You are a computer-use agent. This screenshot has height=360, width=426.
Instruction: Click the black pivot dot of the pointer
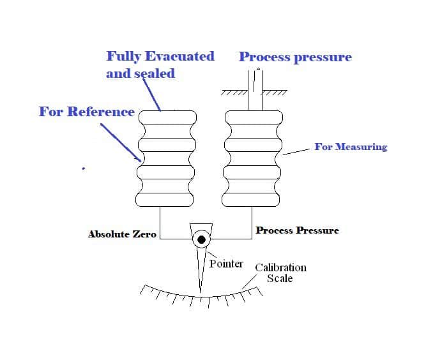click(202, 239)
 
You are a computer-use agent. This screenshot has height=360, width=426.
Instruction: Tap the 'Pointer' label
click(226, 264)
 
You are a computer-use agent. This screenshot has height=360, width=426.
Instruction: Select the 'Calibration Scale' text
click(280, 273)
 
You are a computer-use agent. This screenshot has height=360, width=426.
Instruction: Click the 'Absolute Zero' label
click(122, 234)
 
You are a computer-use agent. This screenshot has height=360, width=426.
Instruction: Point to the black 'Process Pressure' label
click(297, 230)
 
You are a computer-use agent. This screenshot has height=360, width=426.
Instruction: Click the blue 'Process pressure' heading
click(295, 57)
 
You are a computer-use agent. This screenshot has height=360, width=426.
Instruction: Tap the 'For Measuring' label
click(351, 147)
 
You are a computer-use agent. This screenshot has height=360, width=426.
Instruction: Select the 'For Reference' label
click(86, 112)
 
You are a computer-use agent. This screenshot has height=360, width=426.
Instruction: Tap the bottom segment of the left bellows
click(167, 199)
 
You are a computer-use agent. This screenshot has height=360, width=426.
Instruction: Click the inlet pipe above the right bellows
click(255, 89)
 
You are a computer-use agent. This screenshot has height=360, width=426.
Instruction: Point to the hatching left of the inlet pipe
click(234, 93)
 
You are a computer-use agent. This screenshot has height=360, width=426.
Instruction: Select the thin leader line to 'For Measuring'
click(295, 151)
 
